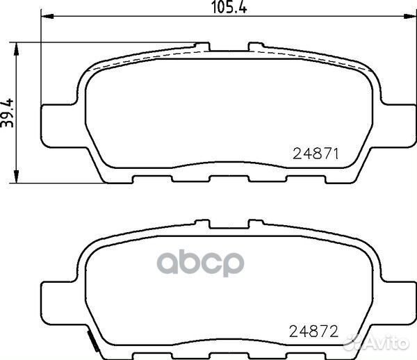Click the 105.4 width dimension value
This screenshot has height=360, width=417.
coord(229,7)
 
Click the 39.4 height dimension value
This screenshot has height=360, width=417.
coord(7,113)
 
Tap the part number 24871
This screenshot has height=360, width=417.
coord(316,154)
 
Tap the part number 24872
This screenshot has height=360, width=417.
coord(314,332)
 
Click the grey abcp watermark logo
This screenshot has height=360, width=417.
coord(200,263)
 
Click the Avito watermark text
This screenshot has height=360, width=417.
coord(376,343)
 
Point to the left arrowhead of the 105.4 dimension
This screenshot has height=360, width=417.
coord(48,17)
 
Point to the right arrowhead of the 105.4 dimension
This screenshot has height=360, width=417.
coord(409,17)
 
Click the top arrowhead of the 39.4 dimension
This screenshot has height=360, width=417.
coord(17,49)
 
